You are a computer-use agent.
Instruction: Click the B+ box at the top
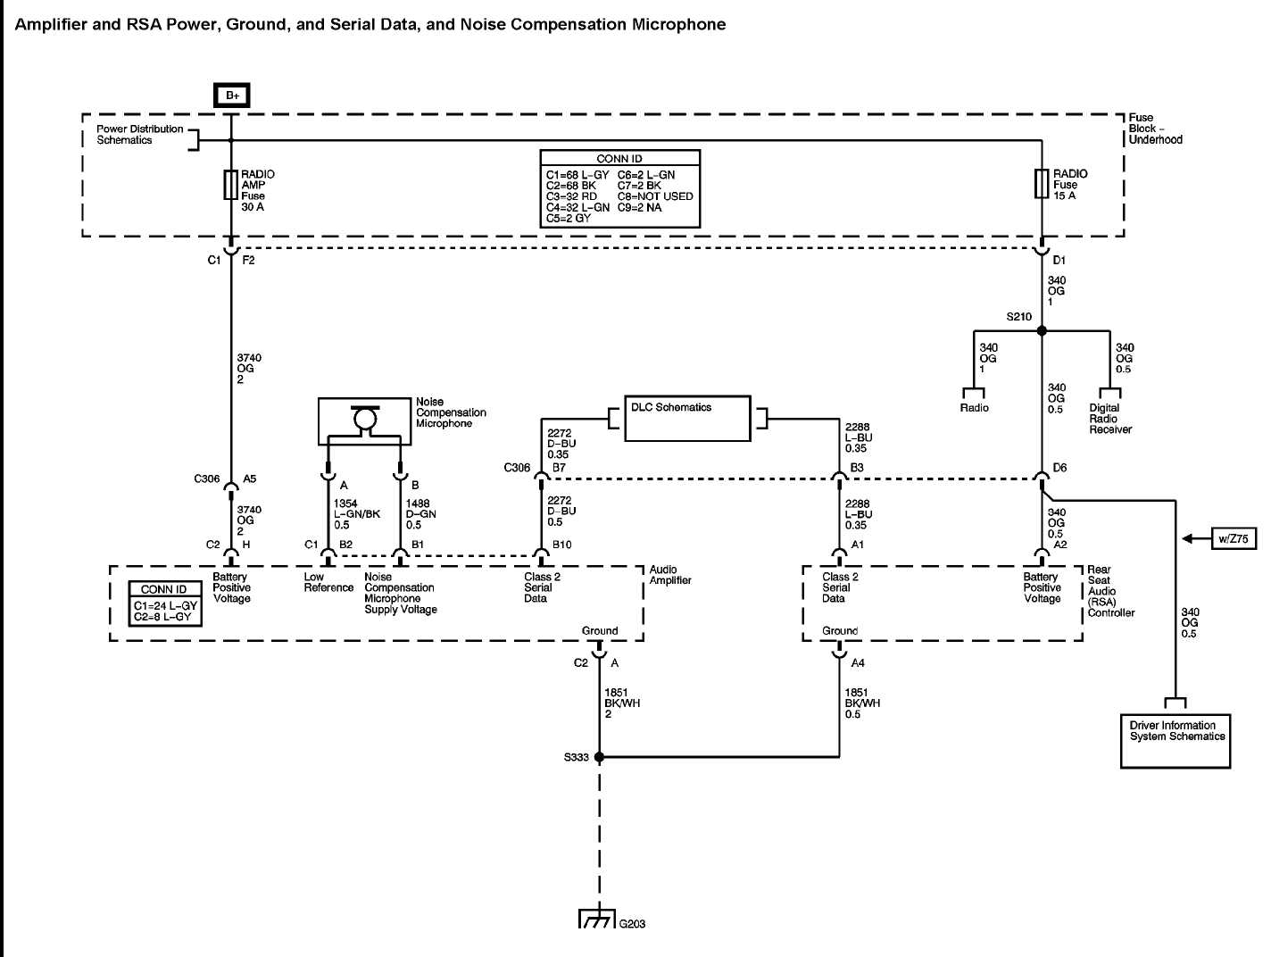point(231,96)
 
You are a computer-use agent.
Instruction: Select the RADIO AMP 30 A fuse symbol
point(230,185)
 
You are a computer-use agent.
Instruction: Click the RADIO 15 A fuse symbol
point(1041,183)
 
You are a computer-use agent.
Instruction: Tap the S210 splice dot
point(1041,330)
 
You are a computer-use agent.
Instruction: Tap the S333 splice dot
point(599,757)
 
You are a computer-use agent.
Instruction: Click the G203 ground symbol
point(597,919)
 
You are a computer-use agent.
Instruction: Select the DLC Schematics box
point(686,418)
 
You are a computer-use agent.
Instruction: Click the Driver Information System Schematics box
point(1175,740)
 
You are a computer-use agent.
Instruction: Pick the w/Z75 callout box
point(1233,538)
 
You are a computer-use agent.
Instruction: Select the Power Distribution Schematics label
point(139,135)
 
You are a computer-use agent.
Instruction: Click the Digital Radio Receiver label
point(1109,419)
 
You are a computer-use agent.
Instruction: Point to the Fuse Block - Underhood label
point(1155,129)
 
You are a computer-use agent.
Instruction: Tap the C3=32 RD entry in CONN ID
point(571,196)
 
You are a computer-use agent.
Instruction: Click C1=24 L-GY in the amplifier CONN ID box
point(165,605)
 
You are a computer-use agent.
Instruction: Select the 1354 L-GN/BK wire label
point(356,514)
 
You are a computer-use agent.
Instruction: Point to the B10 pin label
point(561,545)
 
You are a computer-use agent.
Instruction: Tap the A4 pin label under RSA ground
point(858,663)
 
